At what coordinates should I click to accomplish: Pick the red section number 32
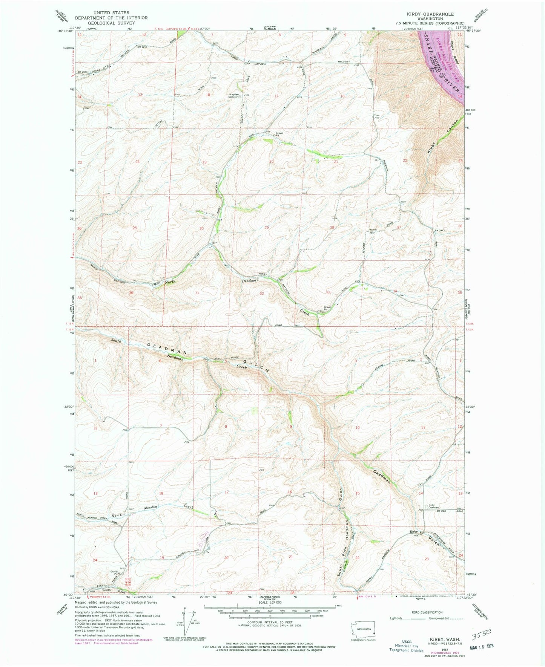[261, 293]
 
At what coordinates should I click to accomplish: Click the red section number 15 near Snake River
[407, 96]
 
